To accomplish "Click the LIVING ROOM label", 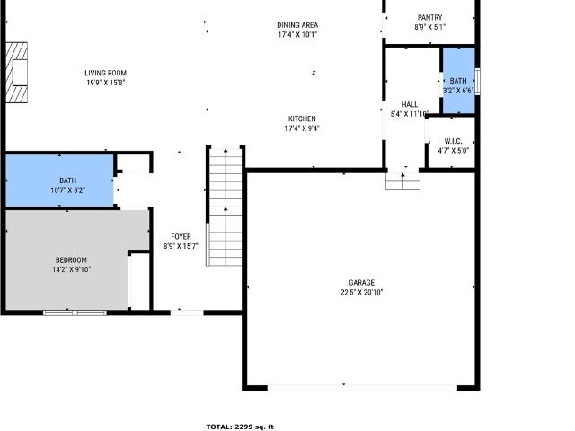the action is (x=106, y=73).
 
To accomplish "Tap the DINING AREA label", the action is (x=297, y=25).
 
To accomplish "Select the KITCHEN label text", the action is (x=302, y=119).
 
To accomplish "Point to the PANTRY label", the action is (x=429, y=17).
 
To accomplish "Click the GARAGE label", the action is (x=361, y=282).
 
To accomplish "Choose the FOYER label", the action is (x=181, y=236).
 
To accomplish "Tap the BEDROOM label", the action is (x=71, y=259).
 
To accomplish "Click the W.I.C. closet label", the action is (x=453, y=141).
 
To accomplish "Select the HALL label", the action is (x=410, y=104).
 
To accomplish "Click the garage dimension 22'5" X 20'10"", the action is (x=361, y=292).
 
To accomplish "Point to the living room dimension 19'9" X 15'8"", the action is (x=106, y=83).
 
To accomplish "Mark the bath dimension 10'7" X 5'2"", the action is (x=68, y=189).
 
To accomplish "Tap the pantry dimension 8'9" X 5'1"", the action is (x=429, y=27).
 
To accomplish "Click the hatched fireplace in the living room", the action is (x=16, y=73).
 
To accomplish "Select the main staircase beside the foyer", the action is (x=226, y=207).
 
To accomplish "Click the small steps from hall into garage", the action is (x=402, y=181).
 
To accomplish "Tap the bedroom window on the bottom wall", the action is (x=75, y=312).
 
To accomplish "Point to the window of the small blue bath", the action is (x=477, y=82).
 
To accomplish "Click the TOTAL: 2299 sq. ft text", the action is (x=240, y=427).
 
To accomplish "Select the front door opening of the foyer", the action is (x=187, y=312).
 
